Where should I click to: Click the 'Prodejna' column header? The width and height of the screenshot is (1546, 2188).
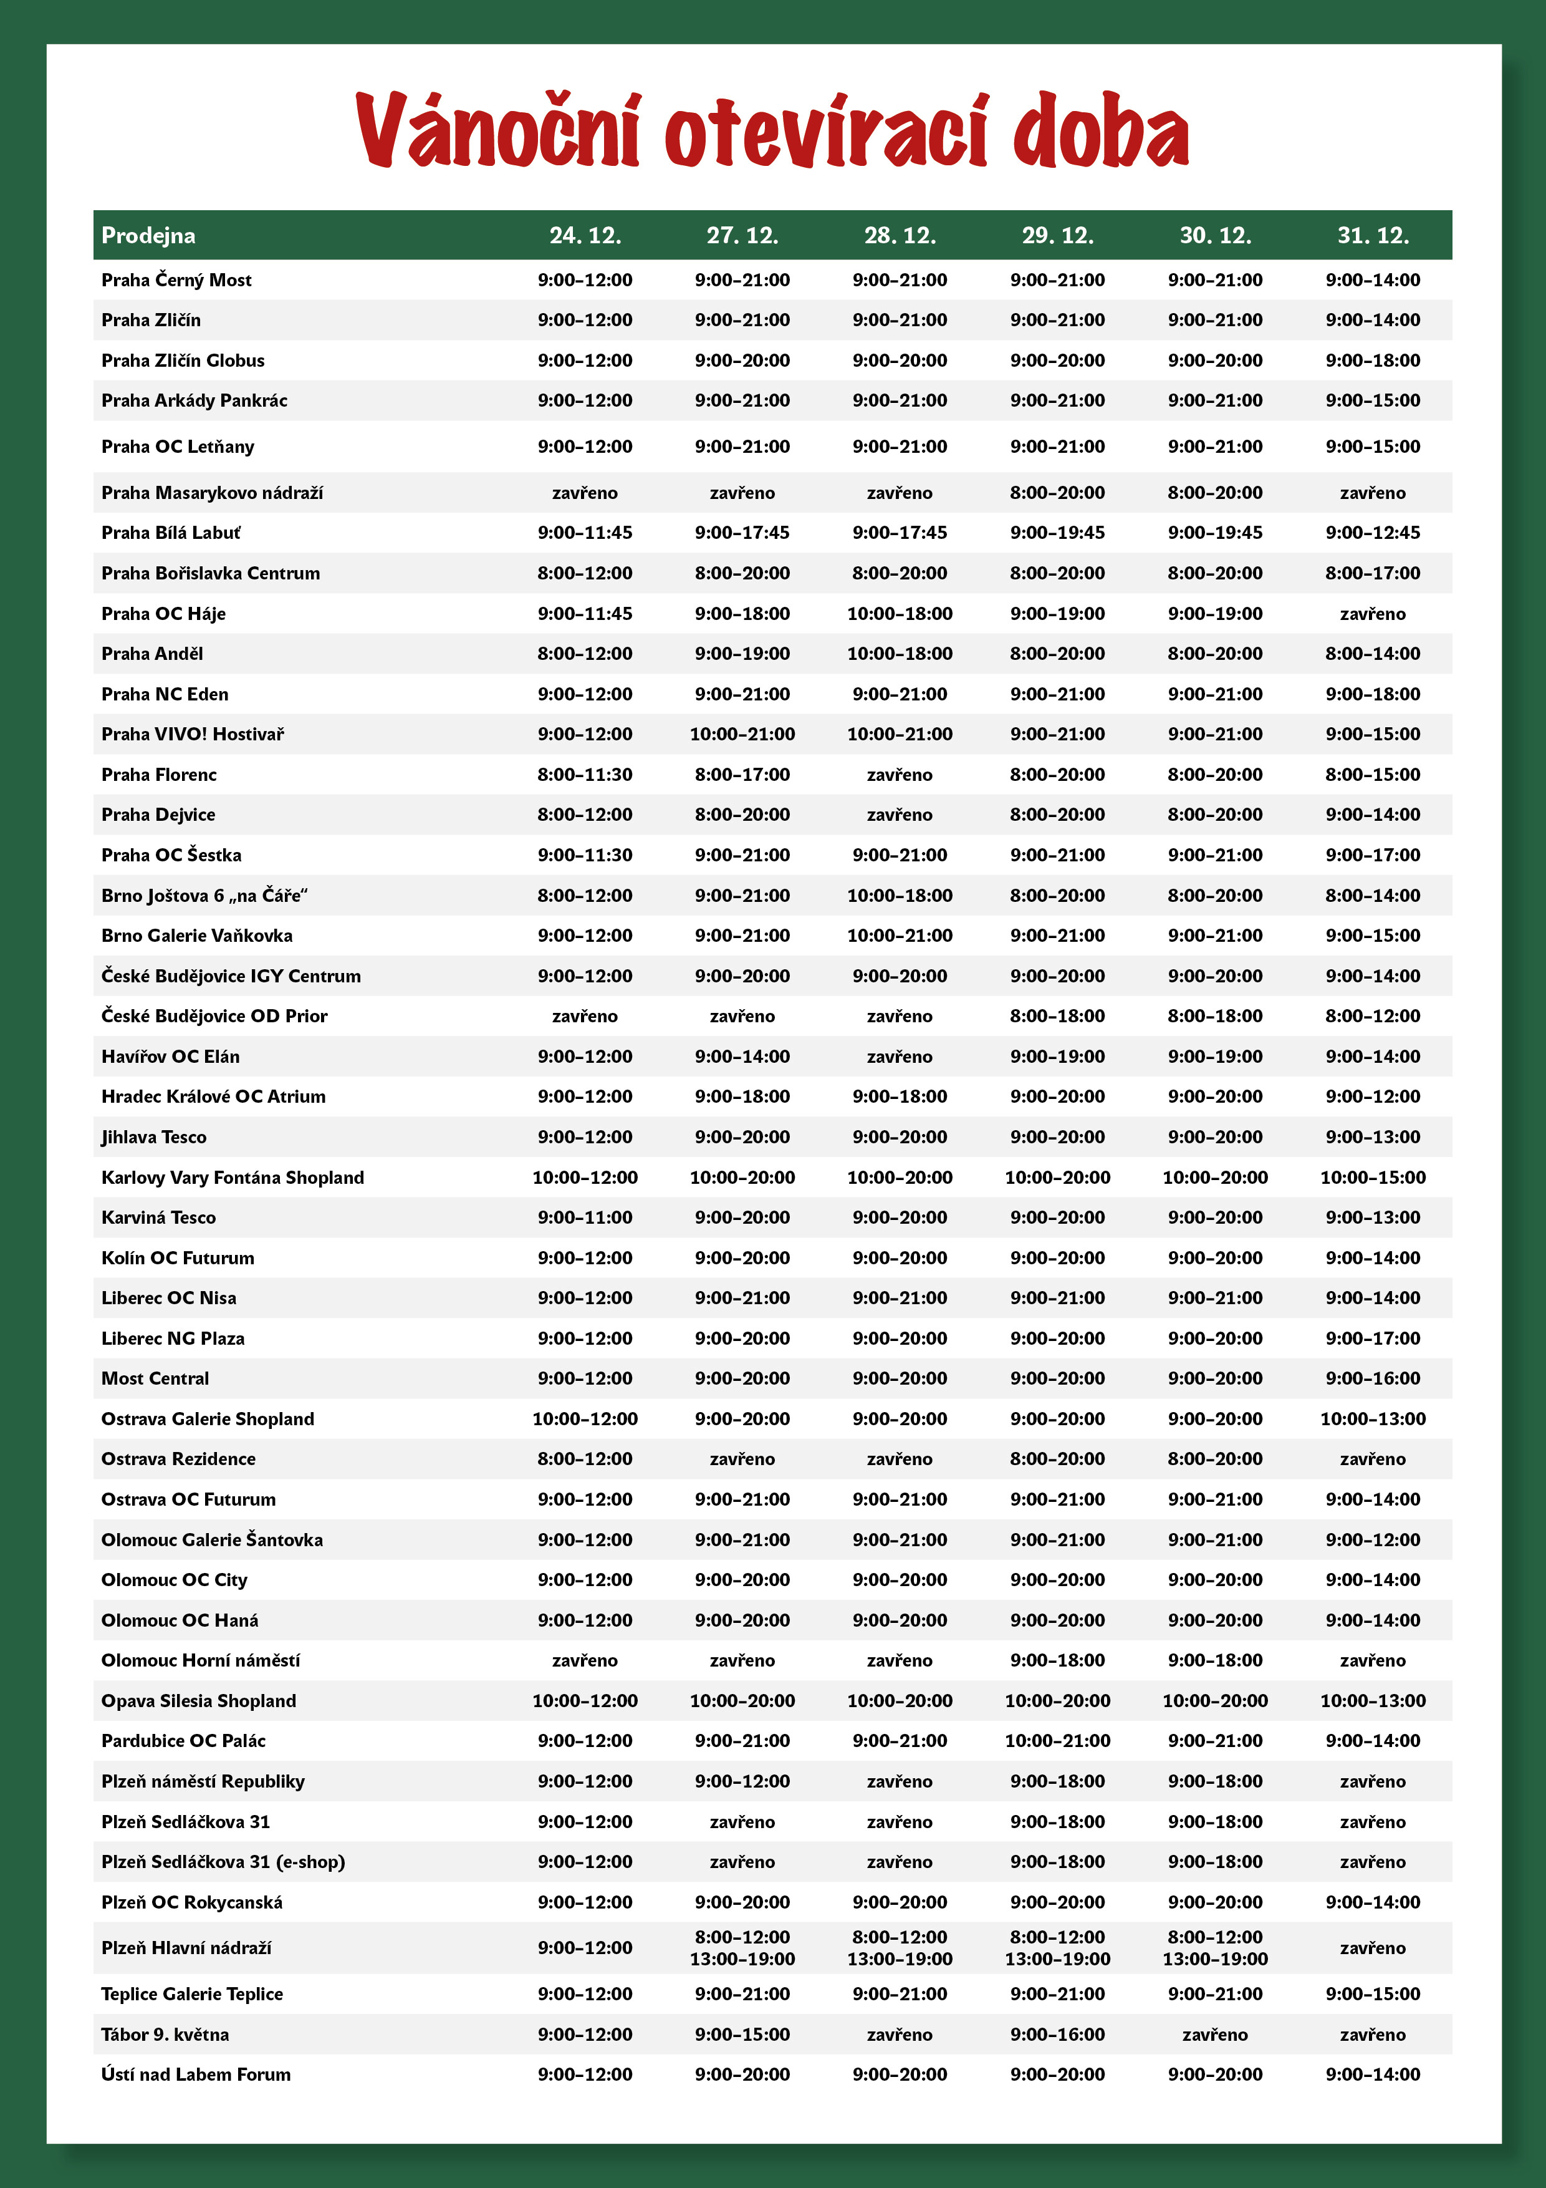148,235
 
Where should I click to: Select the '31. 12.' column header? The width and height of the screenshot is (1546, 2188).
1373,235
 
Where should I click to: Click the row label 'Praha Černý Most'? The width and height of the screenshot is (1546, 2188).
176,280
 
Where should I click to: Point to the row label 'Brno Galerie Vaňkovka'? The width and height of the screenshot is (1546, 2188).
197,936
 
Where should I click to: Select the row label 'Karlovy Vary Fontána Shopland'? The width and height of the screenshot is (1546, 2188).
233,1177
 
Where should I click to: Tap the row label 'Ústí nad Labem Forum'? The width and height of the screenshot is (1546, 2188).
196,2074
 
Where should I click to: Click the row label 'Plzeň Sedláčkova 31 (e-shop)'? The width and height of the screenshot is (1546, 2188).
223,1861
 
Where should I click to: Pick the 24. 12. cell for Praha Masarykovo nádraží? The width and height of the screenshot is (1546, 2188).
585,493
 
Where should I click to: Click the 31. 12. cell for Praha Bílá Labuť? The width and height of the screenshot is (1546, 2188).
1373,533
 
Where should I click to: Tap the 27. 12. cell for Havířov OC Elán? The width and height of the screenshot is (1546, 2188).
742,1056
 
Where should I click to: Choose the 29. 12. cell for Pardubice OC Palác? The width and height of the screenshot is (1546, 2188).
1057,1740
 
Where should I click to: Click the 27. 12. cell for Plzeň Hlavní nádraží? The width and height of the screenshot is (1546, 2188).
742,1948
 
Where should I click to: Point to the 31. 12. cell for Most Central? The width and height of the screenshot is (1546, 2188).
1373,1378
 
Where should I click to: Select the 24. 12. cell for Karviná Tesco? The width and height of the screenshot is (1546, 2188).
585,1217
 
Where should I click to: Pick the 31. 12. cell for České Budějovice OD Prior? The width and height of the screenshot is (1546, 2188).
1373,1016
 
